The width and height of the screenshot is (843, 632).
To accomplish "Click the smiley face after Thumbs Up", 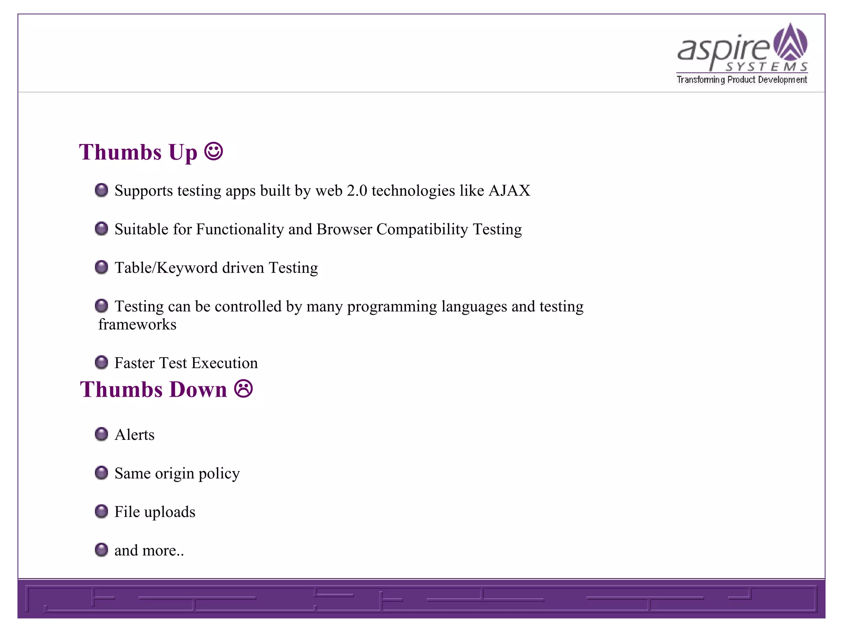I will (214, 151).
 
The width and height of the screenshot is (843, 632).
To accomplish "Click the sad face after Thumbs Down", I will (243, 388).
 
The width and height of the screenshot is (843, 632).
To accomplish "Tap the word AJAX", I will (509, 191).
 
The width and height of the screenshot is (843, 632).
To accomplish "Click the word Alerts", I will (134, 435).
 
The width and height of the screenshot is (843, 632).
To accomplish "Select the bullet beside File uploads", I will (101, 511).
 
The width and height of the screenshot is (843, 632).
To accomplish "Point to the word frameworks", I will (137, 325).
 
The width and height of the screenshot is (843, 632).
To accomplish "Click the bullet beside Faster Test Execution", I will (101, 362).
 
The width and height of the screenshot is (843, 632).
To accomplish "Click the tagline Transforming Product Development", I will (742, 80).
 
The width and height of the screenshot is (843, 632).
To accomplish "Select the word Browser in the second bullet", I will (344, 229).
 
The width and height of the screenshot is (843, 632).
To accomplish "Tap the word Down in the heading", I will (198, 389).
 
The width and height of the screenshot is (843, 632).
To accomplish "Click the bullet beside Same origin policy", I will (101, 473).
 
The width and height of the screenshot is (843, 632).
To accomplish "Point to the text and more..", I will (149, 551).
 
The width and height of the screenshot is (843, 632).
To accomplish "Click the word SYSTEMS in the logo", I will (766, 67).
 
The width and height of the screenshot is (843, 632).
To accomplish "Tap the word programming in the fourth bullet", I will (392, 307).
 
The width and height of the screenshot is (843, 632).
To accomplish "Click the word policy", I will (219, 474).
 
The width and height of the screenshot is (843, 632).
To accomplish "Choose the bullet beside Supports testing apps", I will (101, 190).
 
